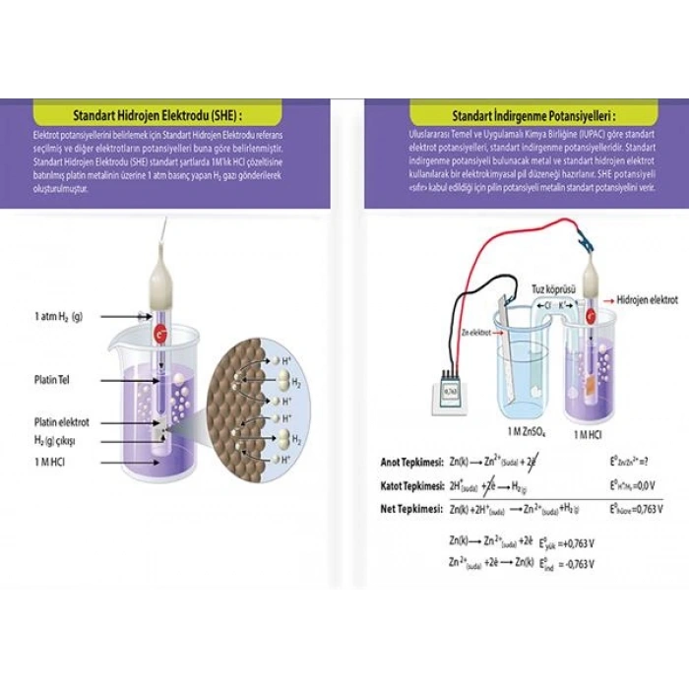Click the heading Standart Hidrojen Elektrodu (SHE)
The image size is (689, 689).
(x=151, y=111)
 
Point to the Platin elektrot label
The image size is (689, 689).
(x=58, y=422)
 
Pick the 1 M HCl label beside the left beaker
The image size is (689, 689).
(x=51, y=460)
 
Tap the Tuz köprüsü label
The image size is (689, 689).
(x=552, y=289)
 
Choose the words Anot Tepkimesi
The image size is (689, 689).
(x=412, y=463)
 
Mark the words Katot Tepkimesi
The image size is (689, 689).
(x=413, y=485)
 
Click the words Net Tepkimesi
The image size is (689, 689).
(x=411, y=508)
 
